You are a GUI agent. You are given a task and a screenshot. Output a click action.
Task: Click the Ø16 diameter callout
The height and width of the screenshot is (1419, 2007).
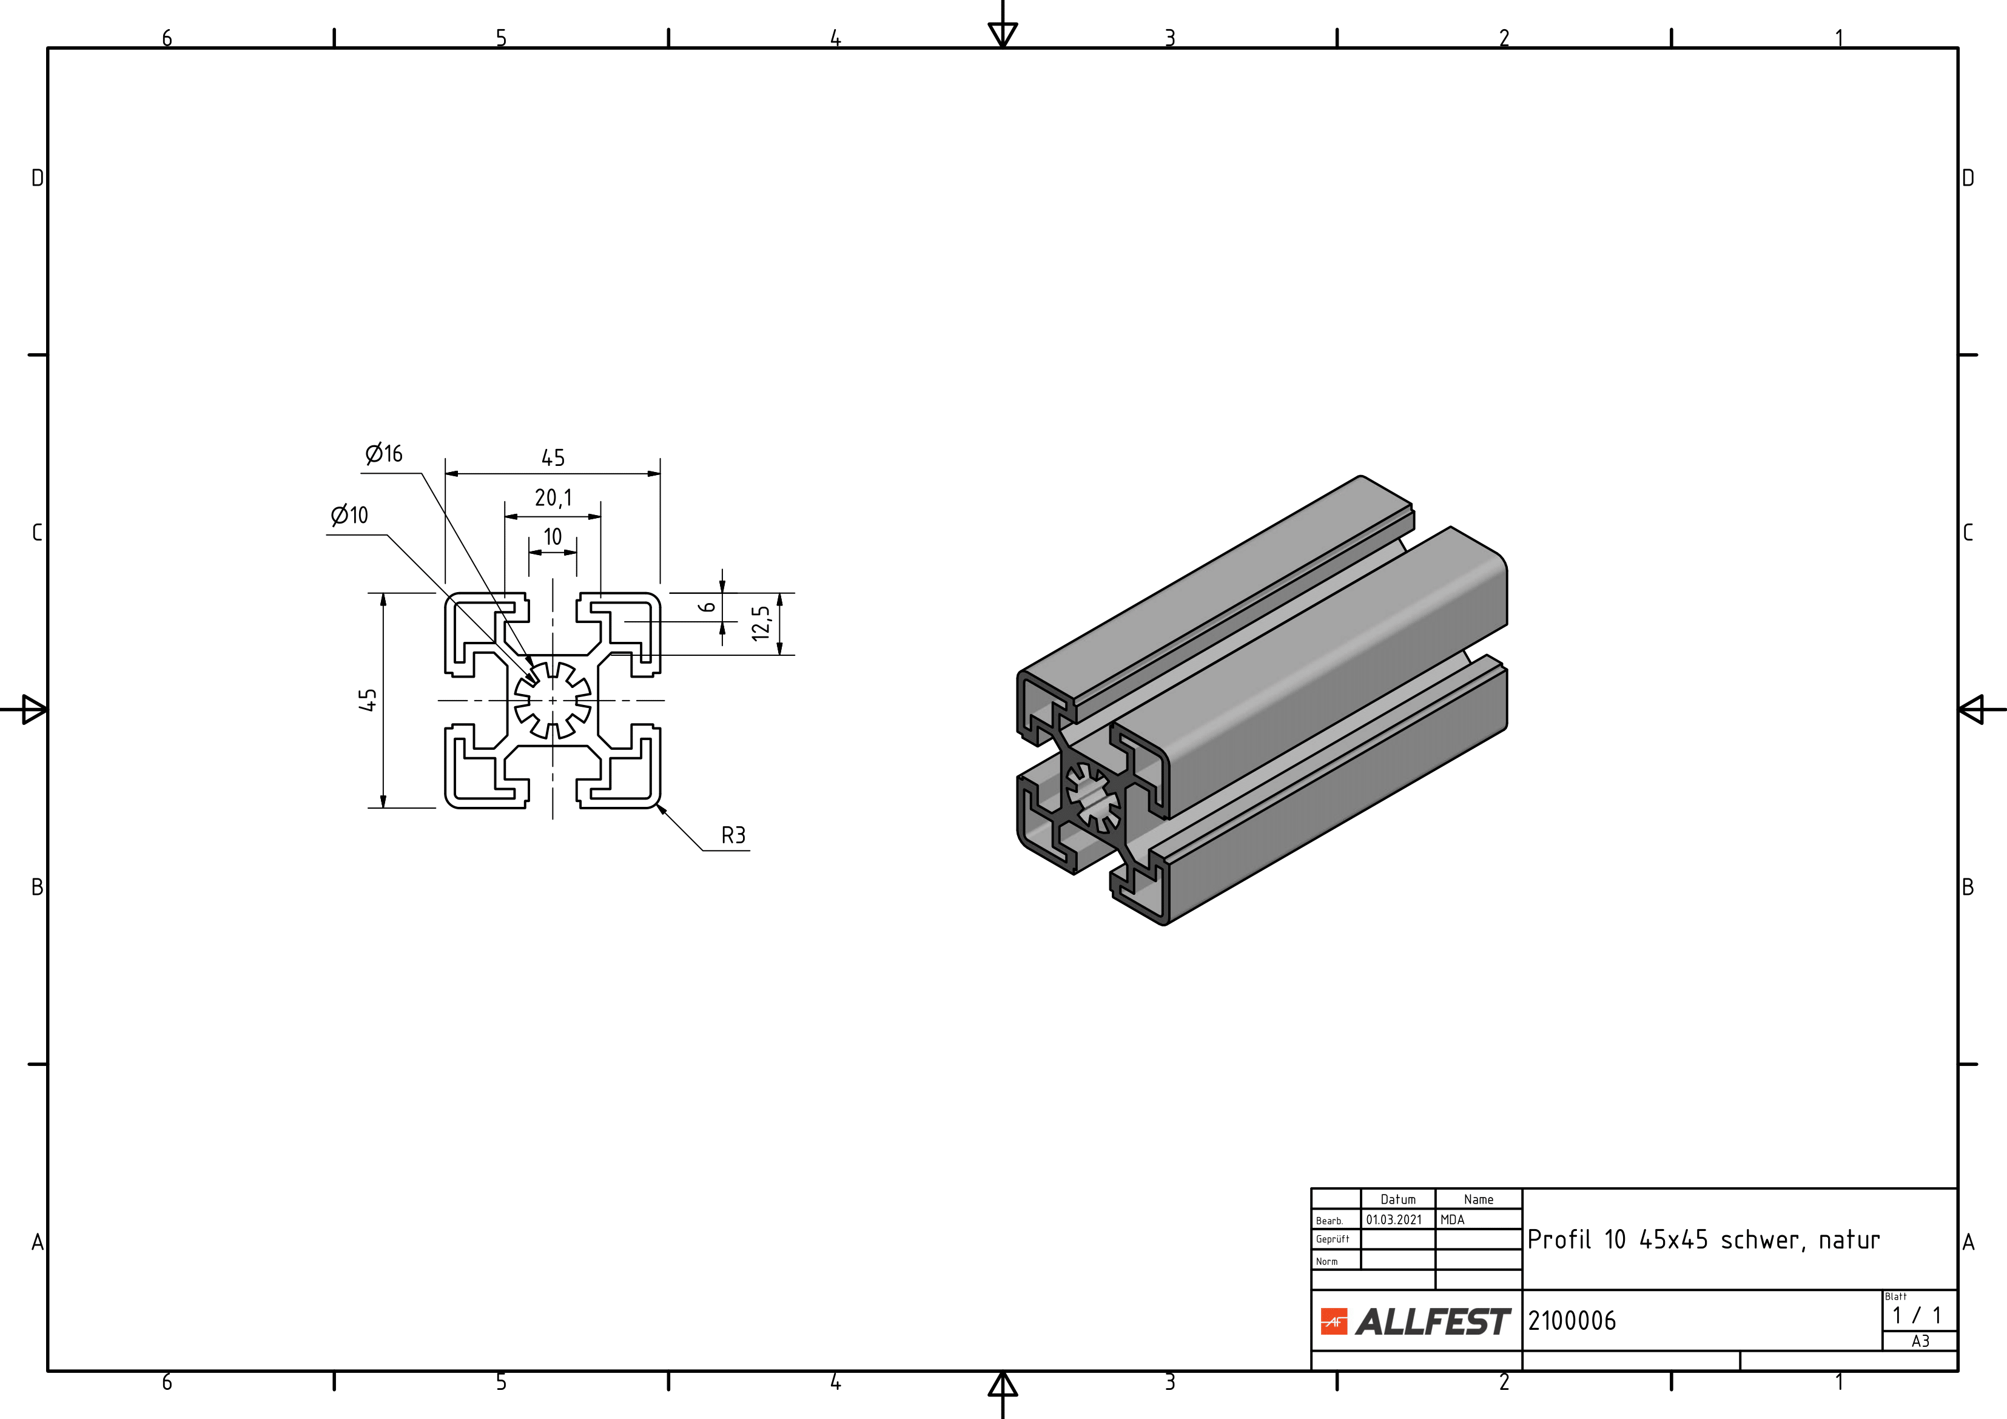pyautogui.click(x=384, y=454)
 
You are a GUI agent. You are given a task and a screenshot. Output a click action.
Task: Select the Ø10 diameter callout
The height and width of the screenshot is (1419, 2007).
pyautogui.click(x=349, y=515)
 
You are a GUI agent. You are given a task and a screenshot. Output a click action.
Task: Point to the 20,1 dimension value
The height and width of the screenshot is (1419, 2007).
pyautogui.click(x=553, y=497)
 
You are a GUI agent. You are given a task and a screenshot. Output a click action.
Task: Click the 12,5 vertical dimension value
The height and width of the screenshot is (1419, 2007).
pyautogui.click(x=761, y=624)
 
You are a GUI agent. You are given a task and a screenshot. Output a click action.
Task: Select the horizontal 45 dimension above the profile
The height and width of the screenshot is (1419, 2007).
pyautogui.click(x=553, y=457)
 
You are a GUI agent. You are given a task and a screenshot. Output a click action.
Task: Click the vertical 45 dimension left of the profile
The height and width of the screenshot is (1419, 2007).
pyautogui.click(x=368, y=700)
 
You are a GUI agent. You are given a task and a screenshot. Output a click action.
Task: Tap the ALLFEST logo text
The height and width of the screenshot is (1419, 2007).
pyautogui.click(x=1433, y=1322)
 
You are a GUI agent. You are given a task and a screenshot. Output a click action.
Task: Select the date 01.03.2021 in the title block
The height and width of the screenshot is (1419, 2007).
pyautogui.click(x=1394, y=1219)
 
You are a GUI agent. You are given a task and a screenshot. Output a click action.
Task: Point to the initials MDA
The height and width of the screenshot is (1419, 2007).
pyautogui.click(x=1452, y=1219)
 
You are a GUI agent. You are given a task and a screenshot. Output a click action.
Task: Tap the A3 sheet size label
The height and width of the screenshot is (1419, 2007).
pyautogui.click(x=1920, y=1341)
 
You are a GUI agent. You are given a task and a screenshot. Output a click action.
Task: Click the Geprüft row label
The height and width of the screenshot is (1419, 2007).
pyautogui.click(x=1332, y=1239)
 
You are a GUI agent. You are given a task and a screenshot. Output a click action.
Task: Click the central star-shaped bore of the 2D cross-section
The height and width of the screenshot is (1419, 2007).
pyautogui.click(x=553, y=699)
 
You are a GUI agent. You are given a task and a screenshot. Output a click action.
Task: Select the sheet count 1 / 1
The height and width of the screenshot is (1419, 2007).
pyautogui.click(x=1917, y=1315)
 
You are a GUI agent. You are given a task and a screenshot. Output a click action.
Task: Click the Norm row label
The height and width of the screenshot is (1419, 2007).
pyautogui.click(x=1327, y=1262)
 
